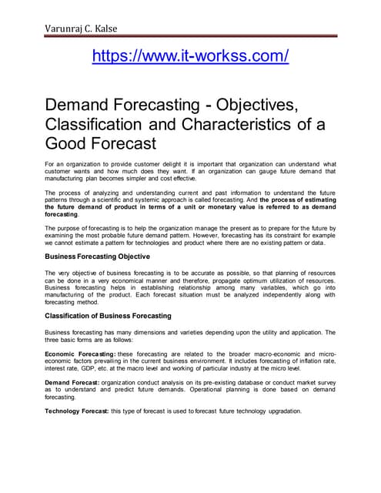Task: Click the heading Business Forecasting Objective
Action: click(x=97, y=256)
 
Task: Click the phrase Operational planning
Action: click(x=194, y=389)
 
